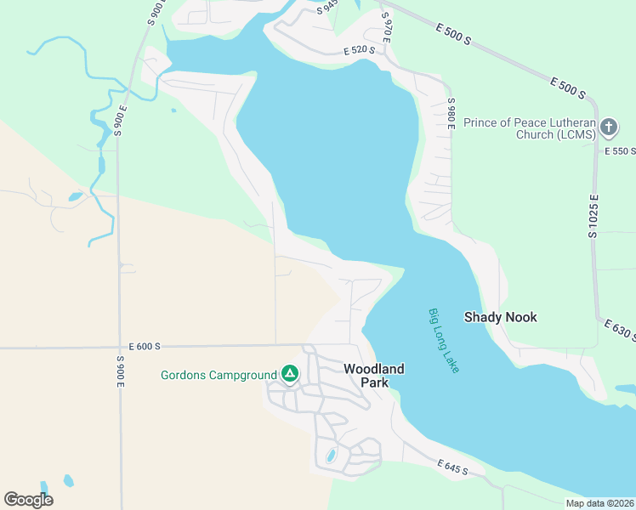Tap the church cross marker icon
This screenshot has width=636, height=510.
pos(608,128)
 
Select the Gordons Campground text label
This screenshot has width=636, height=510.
pos(219,375)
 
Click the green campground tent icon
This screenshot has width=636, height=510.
pos(290,374)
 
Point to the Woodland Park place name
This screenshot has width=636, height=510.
pos(374,375)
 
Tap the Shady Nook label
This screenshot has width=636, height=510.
pos(500,317)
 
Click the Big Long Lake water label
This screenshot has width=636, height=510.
pos(443,341)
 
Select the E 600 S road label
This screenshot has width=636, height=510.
pos(145,347)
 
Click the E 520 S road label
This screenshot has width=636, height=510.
pos(360,51)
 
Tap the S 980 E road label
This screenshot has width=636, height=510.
pos(452,114)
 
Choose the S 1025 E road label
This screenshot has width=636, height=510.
pos(595,215)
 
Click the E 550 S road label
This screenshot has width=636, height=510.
pos(620,151)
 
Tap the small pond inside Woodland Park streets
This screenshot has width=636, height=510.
pos(331,456)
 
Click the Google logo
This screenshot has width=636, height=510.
pos(28,500)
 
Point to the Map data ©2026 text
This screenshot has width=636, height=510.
pos(600,503)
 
